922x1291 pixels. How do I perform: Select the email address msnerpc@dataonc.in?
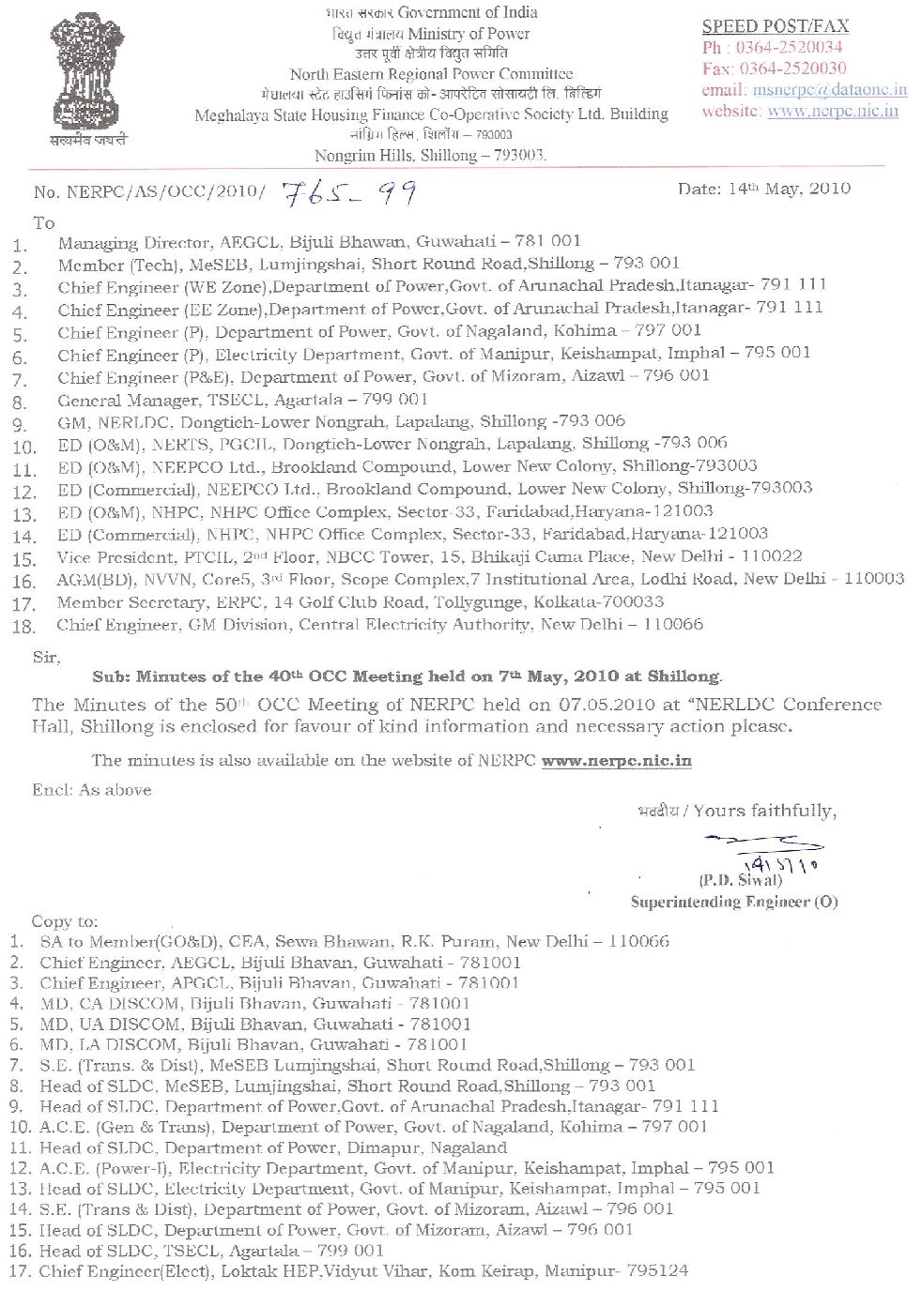[x=829, y=90]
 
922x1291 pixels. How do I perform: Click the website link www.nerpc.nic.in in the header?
[x=832, y=111]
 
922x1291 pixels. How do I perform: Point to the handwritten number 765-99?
[x=349, y=192]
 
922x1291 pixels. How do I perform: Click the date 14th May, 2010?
[x=763, y=189]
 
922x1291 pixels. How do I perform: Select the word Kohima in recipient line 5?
[x=587, y=330]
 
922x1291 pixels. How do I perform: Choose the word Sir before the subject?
[x=45, y=658]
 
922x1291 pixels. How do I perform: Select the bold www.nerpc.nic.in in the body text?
[x=616, y=761]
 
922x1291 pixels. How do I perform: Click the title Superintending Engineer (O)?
[x=733, y=903]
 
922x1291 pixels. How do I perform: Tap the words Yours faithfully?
[x=776, y=811]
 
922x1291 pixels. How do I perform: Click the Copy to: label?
[x=65, y=921]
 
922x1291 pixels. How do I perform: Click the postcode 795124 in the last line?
[x=656, y=1271]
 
